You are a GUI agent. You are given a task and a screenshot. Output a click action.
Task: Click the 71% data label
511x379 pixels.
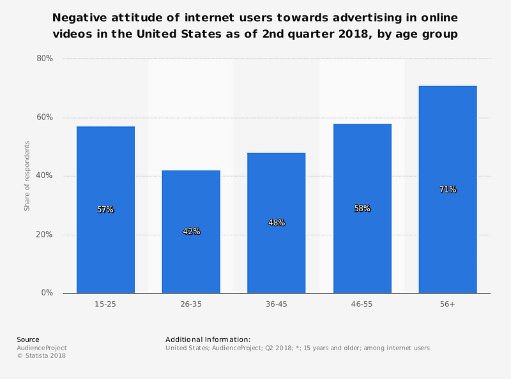(448, 189)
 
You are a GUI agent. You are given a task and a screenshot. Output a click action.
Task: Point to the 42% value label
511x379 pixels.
(191, 232)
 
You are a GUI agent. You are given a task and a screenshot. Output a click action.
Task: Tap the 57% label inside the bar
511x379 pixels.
(105, 209)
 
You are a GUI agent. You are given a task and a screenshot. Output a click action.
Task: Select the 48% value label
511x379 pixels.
(277, 223)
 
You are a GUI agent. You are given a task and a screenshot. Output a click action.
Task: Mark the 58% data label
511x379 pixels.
(362, 208)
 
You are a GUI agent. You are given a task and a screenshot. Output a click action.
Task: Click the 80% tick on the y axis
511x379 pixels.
(44, 59)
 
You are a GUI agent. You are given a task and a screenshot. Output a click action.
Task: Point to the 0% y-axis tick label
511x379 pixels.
(47, 294)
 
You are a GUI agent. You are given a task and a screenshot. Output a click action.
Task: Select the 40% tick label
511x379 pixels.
(44, 176)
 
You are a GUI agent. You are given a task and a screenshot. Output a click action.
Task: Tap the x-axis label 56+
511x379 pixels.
(448, 305)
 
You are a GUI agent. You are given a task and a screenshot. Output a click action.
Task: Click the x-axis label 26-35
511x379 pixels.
(191, 305)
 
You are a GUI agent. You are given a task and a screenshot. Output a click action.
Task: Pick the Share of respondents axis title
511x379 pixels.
(27, 176)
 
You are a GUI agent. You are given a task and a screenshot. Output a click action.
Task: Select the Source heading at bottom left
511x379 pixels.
(27, 339)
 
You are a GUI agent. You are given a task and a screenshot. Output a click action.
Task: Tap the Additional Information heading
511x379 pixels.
(208, 339)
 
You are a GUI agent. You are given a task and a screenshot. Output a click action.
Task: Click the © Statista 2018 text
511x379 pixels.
(41, 356)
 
